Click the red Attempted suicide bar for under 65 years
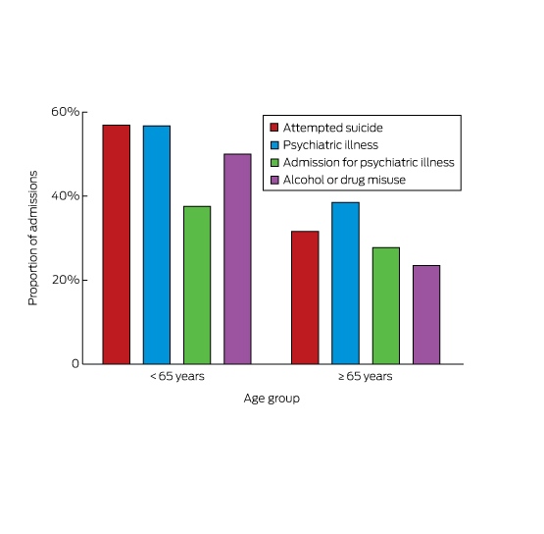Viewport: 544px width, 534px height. coord(117,244)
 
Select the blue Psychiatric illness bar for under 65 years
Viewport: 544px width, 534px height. coord(157,244)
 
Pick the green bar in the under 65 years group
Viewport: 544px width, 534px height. coord(197,285)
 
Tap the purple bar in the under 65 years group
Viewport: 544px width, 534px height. coord(237,259)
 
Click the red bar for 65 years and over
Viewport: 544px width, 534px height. coord(305,297)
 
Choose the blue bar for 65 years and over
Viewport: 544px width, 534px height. coord(345,283)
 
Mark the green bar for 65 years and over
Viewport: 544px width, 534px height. coord(386,305)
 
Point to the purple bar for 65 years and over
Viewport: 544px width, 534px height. coord(426,314)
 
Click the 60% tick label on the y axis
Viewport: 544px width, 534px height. coord(66,112)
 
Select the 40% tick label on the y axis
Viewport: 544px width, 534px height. coord(66,195)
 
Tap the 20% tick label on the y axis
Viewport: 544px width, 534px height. coord(66,280)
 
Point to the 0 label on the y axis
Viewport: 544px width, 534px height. coord(75,363)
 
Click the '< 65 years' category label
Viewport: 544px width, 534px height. coord(177,376)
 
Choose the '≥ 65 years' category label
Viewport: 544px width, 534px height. coord(366,376)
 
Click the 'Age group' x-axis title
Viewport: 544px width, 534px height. coord(272,399)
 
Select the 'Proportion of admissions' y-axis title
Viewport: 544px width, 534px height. coord(32,238)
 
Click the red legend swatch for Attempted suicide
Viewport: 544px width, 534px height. coord(274,128)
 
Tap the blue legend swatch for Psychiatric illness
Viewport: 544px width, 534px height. coord(274,145)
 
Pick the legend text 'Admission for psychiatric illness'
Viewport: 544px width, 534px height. coord(369,162)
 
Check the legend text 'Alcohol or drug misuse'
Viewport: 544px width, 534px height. coord(344,180)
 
